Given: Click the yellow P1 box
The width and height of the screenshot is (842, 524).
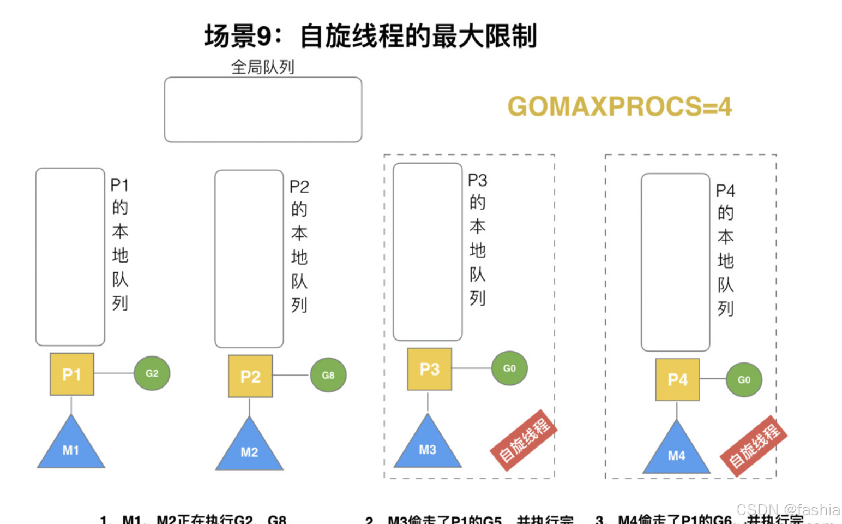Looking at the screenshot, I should [71, 374].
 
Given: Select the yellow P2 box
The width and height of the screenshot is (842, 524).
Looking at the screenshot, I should [250, 376].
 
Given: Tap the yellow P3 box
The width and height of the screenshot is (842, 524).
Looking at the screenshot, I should [429, 369].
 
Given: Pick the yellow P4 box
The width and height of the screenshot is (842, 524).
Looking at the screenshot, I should [677, 379].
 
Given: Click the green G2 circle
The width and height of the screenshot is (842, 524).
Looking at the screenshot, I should [152, 373].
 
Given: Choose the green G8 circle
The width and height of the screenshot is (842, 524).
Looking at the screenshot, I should [328, 375].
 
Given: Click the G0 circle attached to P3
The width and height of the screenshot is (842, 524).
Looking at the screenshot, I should [509, 368].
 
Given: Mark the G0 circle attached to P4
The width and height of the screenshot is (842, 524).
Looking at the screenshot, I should [744, 379].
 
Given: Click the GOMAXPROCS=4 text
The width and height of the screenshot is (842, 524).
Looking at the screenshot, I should [620, 106].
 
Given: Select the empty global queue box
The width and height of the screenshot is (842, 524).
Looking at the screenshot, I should [263, 110].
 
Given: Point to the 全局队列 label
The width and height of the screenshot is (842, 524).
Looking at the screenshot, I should [263, 67].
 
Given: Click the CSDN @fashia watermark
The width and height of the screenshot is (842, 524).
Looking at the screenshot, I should [788, 510].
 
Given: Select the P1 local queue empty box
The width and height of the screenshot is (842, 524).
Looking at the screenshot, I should [70, 257].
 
